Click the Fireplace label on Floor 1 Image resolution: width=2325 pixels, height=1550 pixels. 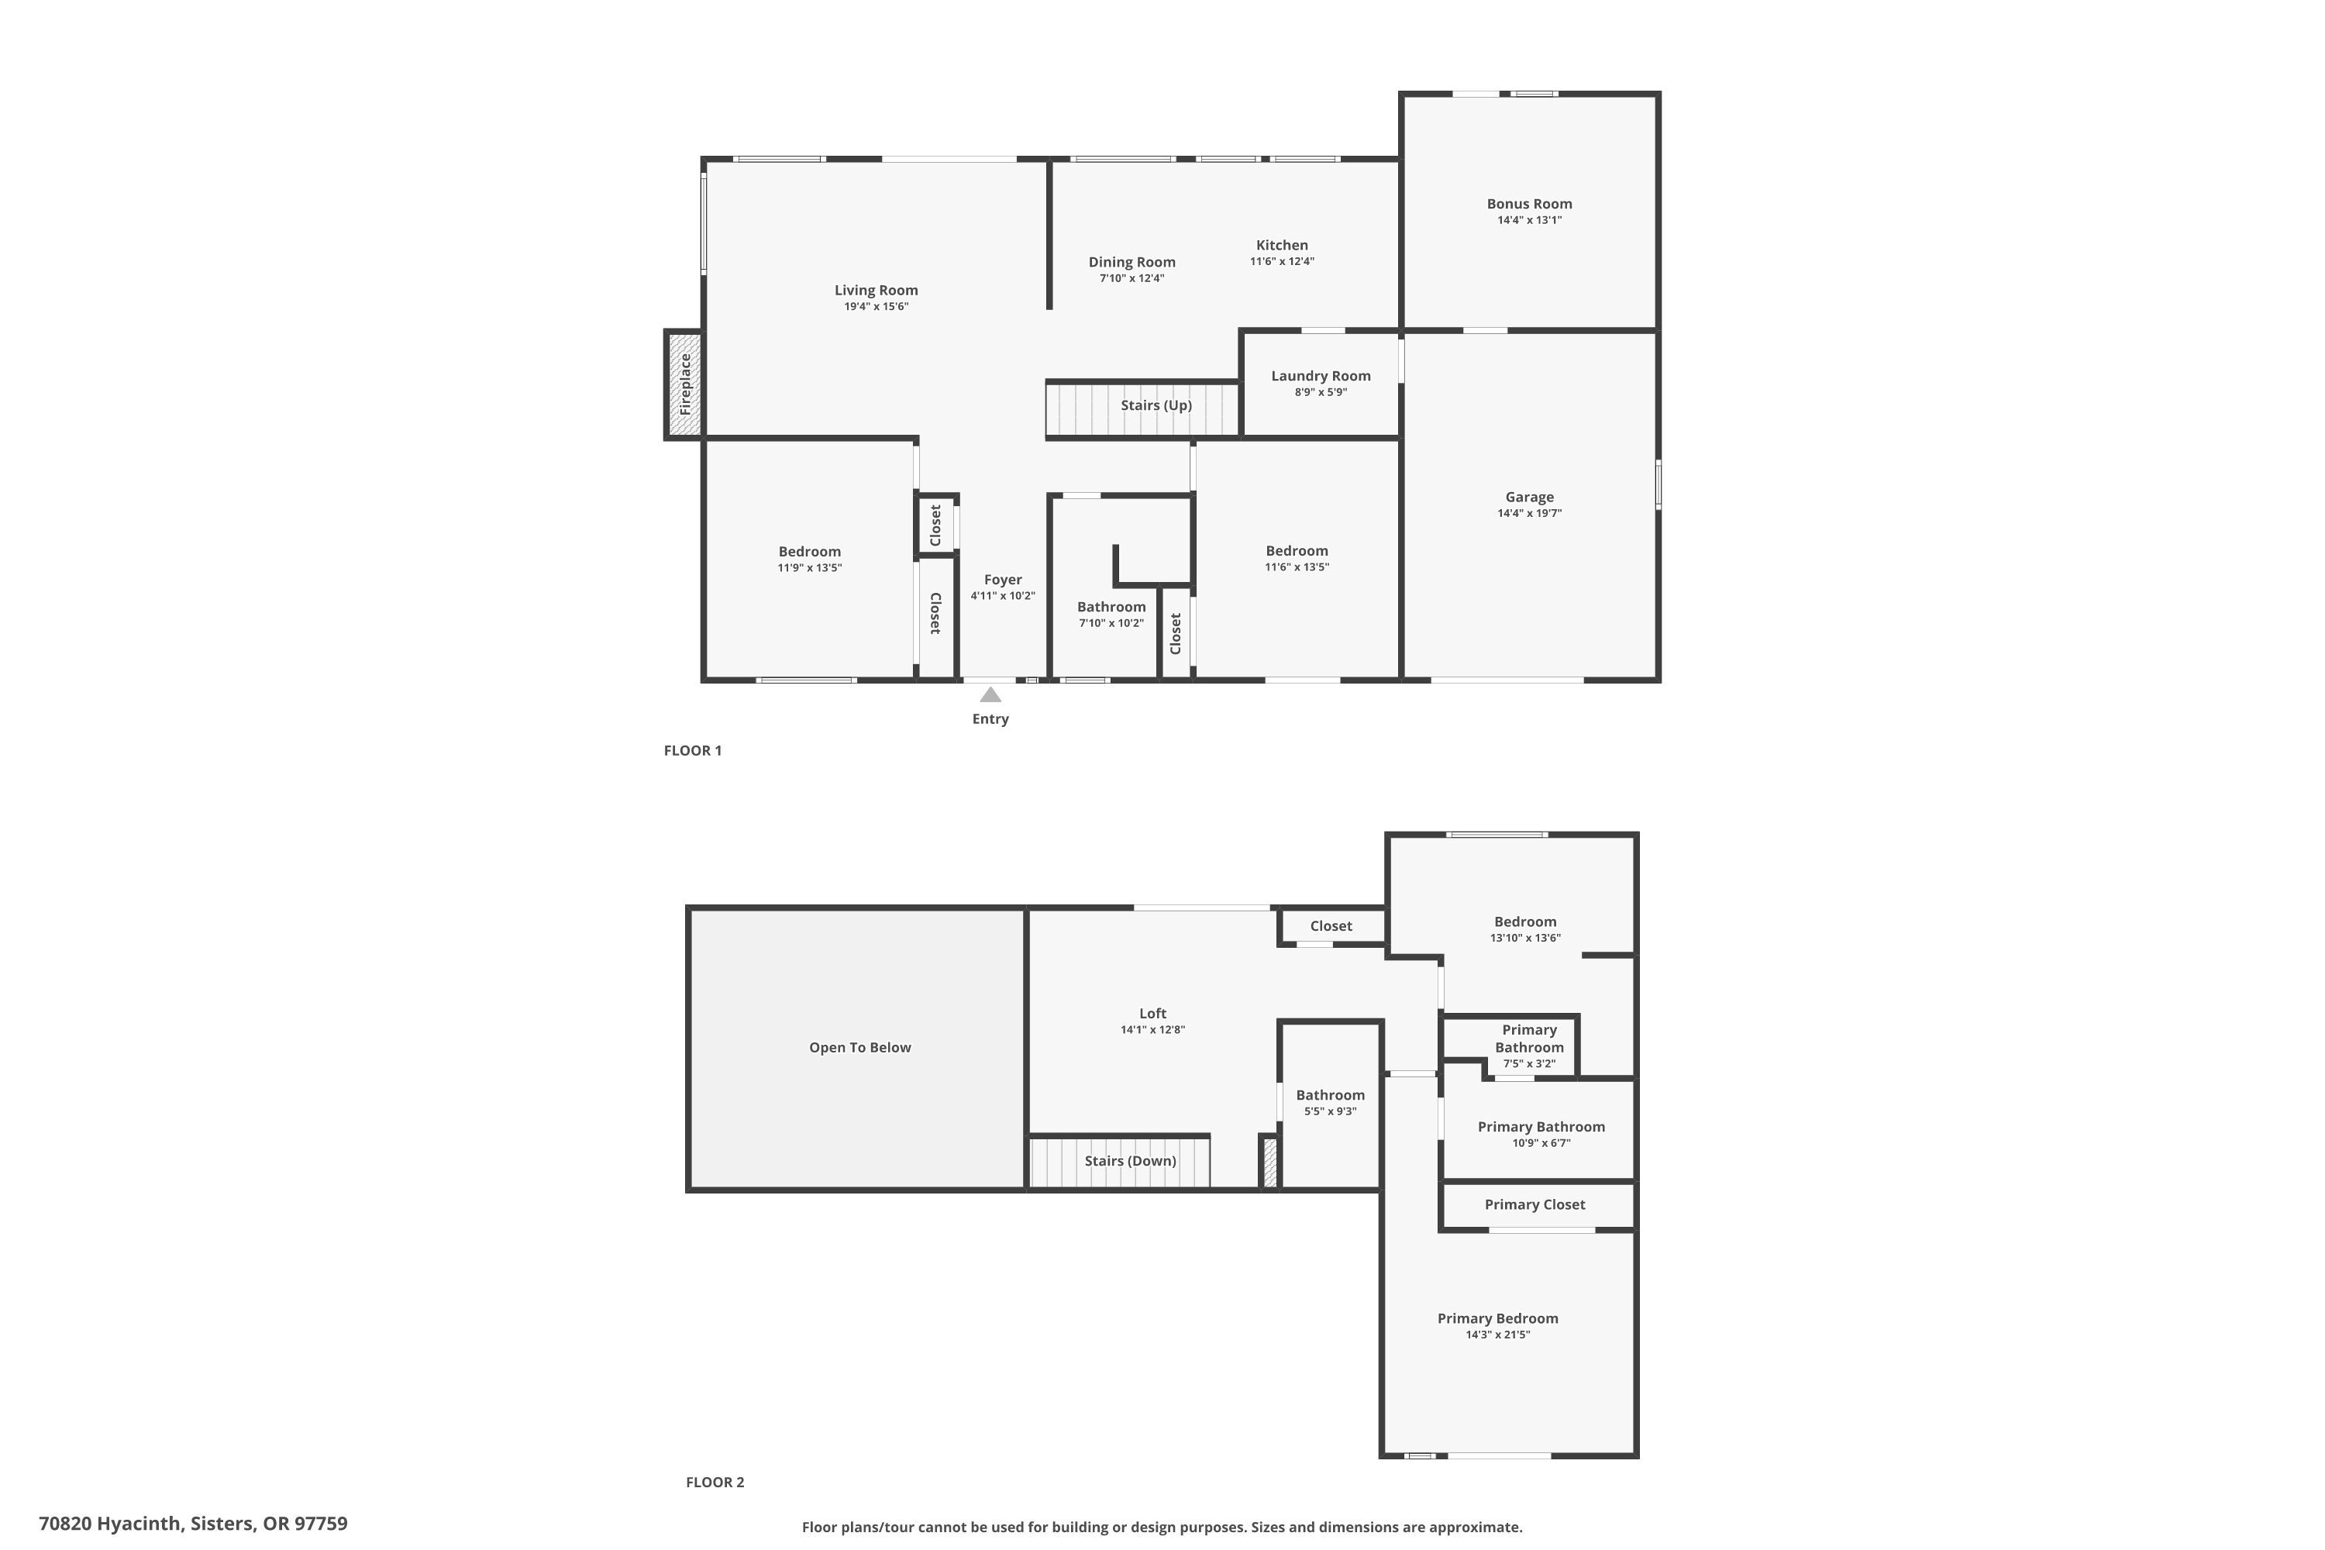coord(685,384)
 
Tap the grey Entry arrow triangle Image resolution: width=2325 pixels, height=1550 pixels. coord(990,695)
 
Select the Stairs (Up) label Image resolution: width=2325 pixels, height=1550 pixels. coord(1156,405)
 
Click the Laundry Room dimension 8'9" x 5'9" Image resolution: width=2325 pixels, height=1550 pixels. coord(1321,392)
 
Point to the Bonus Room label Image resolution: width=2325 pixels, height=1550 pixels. coord(1528,204)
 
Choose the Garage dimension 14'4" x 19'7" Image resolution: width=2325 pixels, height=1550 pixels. coord(1528,513)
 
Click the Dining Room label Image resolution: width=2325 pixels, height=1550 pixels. coord(1131,262)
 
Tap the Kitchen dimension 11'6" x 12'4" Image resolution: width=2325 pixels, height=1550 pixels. coord(1281,262)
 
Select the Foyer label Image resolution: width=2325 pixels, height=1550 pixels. coord(1002,580)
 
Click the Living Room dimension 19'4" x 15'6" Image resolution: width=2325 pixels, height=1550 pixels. coord(875,306)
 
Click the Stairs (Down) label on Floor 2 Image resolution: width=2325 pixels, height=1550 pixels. coord(1130,1160)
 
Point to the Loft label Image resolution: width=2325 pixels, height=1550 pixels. coord(1152,1013)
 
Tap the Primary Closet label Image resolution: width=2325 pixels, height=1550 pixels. coord(1534,1204)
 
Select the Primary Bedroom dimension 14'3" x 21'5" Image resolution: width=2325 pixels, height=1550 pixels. coord(1497,1335)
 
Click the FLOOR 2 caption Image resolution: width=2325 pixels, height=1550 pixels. coord(715,1482)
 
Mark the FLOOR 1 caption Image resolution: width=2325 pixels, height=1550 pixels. coord(692,750)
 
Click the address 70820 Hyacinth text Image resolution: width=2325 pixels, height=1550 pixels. coord(193,1524)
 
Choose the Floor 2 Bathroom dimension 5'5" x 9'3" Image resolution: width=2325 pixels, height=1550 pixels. coord(1330,1111)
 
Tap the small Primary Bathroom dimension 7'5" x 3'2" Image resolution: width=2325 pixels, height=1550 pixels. coord(1528,1063)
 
